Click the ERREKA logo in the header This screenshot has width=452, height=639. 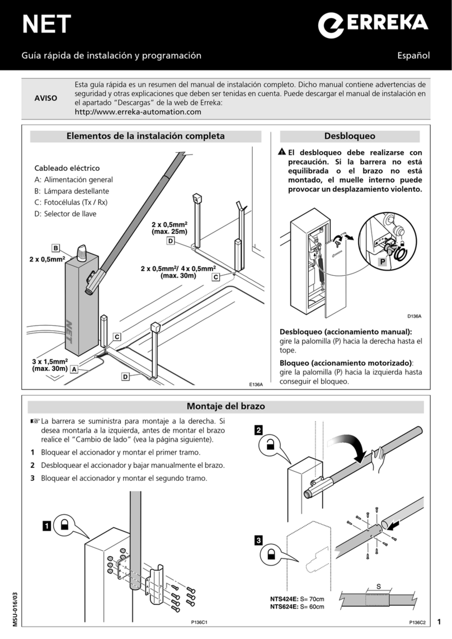click(x=374, y=25)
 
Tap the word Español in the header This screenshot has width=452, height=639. click(x=413, y=55)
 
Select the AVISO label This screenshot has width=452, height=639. click(x=46, y=98)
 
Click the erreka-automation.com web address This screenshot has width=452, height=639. click(x=138, y=112)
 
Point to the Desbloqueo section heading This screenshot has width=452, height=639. click(x=349, y=136)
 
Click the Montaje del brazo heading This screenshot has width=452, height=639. click(x=225, y=407)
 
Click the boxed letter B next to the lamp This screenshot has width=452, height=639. click(x=55, y=248)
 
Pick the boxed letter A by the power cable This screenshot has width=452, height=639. click(x=73, y=369)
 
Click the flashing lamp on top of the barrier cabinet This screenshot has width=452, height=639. click(x=82, y=253)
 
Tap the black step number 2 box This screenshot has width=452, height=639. click(x=258, y=430)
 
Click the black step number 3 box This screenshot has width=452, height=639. click(x=258, y=541)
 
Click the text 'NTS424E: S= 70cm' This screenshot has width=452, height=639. click(x=297, y=599)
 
